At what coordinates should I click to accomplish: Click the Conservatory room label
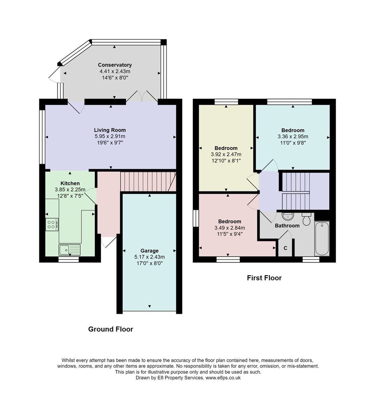[115, 65]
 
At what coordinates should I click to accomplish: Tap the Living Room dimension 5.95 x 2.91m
[110, 136]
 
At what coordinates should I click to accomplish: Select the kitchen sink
[69, 250]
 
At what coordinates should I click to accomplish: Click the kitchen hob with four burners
[52, 224]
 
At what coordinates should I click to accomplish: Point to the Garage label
[149, 251]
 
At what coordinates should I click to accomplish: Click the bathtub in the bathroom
[322, 238]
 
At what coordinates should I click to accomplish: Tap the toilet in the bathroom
[306, 219]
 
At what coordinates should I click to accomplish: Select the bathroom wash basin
[288, 216]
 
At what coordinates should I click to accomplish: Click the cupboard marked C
[285, 248]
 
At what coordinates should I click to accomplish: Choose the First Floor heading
[264, 278]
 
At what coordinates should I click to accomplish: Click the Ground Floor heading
[110, 329]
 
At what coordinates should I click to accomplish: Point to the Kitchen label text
[70, 183]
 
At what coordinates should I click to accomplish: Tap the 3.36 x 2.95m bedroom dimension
[293, 136]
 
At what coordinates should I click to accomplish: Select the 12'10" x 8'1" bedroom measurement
[226, 161]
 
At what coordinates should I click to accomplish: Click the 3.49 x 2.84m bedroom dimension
[230, 228]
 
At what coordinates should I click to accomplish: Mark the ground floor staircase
[148, 182]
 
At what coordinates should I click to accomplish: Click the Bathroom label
[287, 225]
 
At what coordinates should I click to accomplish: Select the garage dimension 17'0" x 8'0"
[149, 263]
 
